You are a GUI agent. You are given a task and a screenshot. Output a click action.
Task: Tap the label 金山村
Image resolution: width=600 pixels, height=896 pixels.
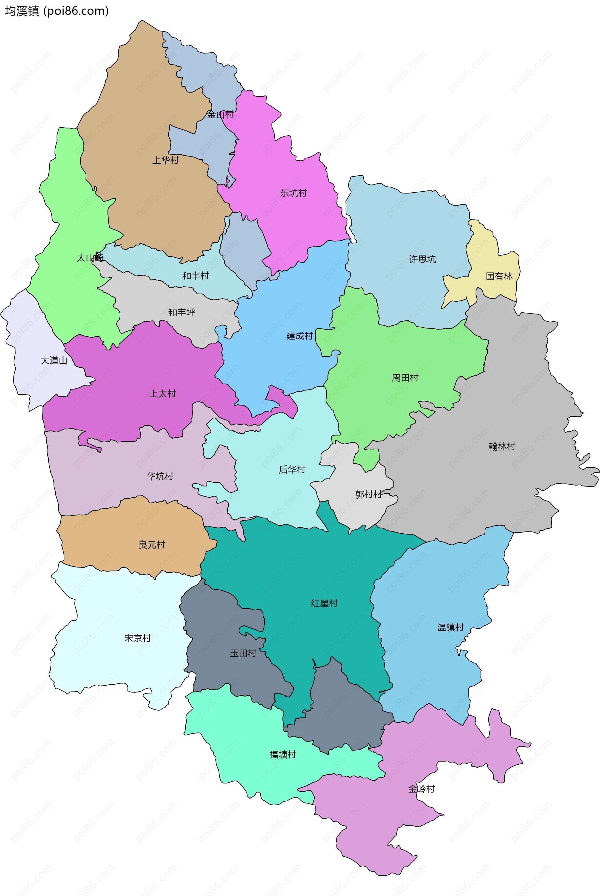click(220, 114)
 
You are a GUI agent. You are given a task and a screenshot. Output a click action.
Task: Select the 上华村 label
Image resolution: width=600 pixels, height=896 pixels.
click(166, 160)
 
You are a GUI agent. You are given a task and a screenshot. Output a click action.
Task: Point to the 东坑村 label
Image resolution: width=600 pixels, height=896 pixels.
click(293, 193)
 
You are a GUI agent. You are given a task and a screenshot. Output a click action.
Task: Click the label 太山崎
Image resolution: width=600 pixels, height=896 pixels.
click(90, 258)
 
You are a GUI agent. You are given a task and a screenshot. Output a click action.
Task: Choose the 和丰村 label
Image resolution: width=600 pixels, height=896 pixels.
click(196, 275)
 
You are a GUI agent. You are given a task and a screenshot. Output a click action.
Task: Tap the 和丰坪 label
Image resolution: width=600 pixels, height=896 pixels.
click(182, 312)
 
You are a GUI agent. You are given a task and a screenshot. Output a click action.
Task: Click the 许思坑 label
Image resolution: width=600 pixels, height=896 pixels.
click(422, 259)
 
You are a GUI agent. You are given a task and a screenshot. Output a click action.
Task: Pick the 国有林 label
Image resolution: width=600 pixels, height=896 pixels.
click(499, 276)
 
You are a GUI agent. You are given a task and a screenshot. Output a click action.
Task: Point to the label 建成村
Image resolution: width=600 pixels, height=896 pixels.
click(300, 336)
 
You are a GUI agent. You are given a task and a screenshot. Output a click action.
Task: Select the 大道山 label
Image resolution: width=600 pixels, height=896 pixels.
click(54, 360)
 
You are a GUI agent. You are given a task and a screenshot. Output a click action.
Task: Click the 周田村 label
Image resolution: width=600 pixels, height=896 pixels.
click(405, 378)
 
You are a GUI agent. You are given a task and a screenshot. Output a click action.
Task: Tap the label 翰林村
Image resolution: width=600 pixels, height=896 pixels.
click(502, 446)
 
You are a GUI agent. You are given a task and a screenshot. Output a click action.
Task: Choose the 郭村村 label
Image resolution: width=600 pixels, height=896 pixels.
click(368, 494)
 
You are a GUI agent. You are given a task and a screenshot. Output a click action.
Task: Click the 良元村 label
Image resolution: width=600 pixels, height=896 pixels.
click(152, 545)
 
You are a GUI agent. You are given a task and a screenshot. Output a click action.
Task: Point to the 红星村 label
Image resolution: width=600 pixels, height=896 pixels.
click(324, 603)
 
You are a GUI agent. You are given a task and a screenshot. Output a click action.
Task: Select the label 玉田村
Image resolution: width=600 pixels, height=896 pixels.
click(243, 653)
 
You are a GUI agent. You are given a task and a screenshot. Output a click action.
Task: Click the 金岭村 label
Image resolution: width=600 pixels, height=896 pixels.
click(421, 789)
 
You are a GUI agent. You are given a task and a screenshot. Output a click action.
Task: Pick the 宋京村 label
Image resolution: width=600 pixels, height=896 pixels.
click(138, 638)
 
